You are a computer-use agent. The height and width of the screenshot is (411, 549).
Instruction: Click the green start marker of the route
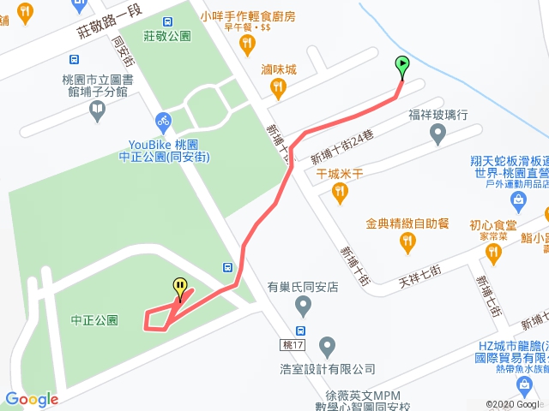pos(401,63)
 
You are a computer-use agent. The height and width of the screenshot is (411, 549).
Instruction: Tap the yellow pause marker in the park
pos(180,287)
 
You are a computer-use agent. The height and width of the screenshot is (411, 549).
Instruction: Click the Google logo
pos(32,399)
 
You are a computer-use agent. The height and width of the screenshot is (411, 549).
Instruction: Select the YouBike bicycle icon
pos(163,122)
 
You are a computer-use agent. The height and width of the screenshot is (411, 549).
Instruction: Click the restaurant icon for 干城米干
pos(341,194)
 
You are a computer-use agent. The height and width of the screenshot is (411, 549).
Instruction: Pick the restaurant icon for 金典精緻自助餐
pos(407,244)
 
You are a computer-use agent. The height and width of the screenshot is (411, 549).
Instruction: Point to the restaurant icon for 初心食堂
pos(492,252)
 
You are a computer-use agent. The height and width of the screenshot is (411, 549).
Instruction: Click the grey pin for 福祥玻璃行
pos(437,134)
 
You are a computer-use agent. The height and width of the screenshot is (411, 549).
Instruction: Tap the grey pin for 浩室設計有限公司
pos(327,348)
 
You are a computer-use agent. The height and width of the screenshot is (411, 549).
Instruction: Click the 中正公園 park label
pos(94,321)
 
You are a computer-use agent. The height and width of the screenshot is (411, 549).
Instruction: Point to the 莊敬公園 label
pos(166,36)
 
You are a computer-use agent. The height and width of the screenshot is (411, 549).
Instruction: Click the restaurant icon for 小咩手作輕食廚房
pos(248,43)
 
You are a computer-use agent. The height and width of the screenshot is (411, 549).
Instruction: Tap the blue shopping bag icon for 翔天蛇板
pos(517,201)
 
